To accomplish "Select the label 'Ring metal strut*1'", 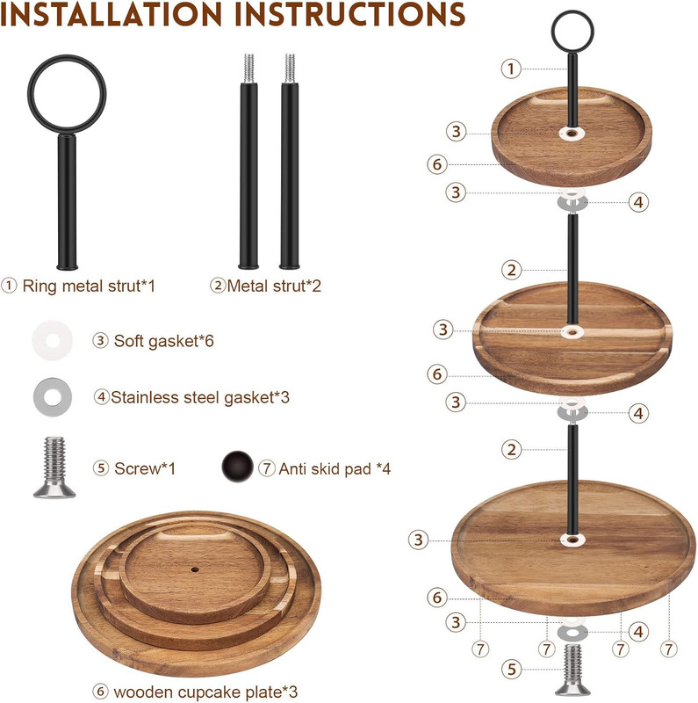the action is [x=89, y=286].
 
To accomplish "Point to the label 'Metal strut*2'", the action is [x=274, y=286].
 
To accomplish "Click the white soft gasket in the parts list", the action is [x=53, y=340].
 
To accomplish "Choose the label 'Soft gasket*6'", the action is [x=163, y=341].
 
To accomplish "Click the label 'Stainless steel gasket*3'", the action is [x=200, y=397].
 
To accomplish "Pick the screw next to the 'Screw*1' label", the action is [x=54, y=467].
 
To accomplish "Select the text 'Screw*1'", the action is [x=145, y=468].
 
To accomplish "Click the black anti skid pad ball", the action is [x=237, y=467].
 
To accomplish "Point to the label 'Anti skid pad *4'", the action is [x=335, y=469].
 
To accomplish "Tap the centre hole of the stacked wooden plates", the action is [x=195, y=569].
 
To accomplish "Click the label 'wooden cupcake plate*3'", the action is [x=205, y=692].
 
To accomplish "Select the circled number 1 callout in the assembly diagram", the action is [x=511, y=69].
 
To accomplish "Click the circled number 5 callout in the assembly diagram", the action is [x=512, y=670].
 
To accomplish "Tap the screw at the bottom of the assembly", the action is [x=572, y=670].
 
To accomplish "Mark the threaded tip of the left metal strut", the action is [x=248, y=68].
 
